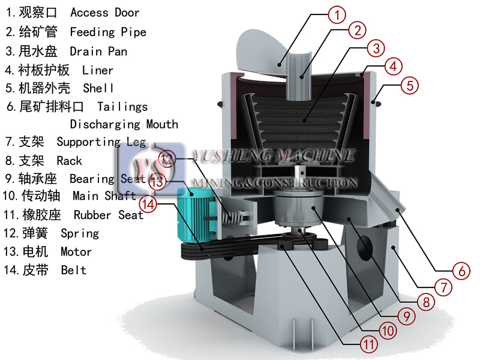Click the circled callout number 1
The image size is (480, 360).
(337, 14)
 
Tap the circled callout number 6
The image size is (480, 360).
(461, 271)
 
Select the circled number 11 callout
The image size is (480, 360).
(368, 344)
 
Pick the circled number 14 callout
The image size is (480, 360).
(148, 204)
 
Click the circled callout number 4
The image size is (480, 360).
(394, 67)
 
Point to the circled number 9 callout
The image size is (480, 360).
(407, 316)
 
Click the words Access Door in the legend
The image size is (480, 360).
(105, 13)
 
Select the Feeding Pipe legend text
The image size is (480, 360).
(108, 32)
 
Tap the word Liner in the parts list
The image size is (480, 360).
(98, 70)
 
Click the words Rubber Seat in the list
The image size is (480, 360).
(109, 215)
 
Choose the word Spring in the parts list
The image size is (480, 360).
(80, 233)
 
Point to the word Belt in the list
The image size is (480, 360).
(73, 270)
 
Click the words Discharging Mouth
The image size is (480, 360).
(124, 124)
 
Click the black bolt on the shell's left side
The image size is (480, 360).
(220, 104)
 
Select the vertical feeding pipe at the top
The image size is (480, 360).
(298, 76)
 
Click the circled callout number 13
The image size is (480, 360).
(157, 181)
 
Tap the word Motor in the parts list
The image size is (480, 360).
(76, 251)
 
